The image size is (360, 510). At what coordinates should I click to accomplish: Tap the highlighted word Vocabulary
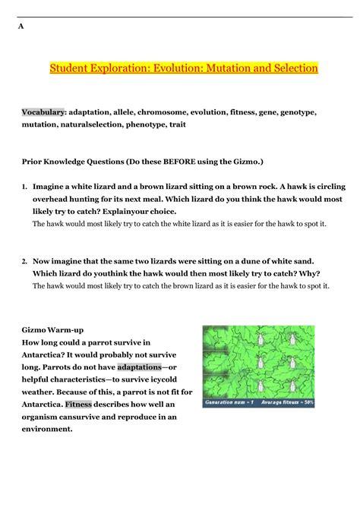click(x=43, y=112)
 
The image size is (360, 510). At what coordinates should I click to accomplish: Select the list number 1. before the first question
click(x=24, y=186)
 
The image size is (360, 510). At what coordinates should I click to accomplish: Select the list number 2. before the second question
click(x=24, y=260)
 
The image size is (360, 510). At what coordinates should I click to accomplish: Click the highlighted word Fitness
click(x=78, y=404)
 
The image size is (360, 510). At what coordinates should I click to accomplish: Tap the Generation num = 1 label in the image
click(x=232, y=404)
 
